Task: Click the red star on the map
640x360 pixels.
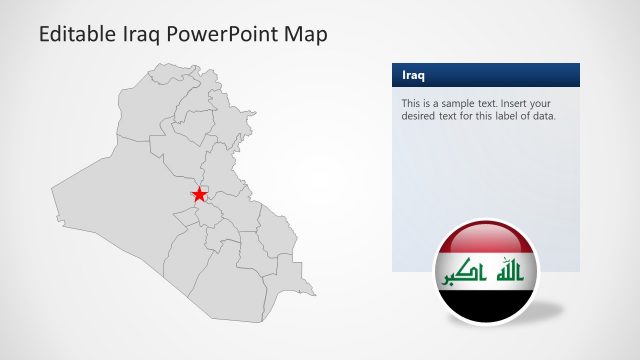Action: point(199,194)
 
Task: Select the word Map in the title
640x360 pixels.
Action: point(305,33)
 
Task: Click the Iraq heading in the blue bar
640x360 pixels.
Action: point(412,75)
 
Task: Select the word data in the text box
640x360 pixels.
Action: point(541,116)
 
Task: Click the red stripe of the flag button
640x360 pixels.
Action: point(485,238)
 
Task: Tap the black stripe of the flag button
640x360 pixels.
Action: point(485,306)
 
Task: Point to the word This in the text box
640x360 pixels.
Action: point(411,103)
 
